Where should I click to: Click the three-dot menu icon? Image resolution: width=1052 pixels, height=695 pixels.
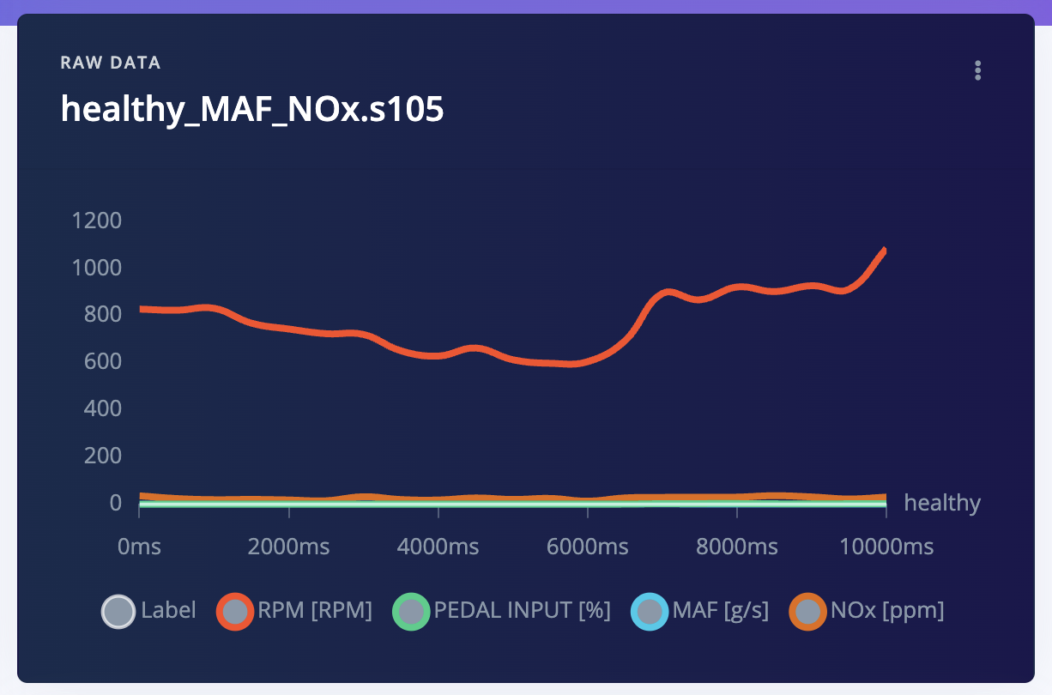[977, 70]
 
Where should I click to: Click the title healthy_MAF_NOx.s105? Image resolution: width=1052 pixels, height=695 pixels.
[252, 109]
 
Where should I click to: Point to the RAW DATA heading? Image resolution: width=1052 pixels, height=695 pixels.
[111, 63]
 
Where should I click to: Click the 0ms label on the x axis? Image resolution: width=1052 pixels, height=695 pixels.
[139, 547]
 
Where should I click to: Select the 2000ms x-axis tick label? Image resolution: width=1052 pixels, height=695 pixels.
[288, 547]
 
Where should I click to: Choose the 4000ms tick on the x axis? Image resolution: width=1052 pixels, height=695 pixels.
[438, 547]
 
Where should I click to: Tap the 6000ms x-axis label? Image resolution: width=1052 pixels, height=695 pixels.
[588, 547]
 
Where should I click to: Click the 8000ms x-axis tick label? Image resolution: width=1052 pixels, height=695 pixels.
[737, 547]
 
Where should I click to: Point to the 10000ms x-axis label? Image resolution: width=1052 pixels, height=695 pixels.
[886, 547]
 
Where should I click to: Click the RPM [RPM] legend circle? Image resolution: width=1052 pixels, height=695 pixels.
[234, 612]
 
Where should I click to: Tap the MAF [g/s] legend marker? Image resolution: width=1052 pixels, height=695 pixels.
[650, 612]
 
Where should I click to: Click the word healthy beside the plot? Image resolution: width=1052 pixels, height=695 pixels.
[942, 503]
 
